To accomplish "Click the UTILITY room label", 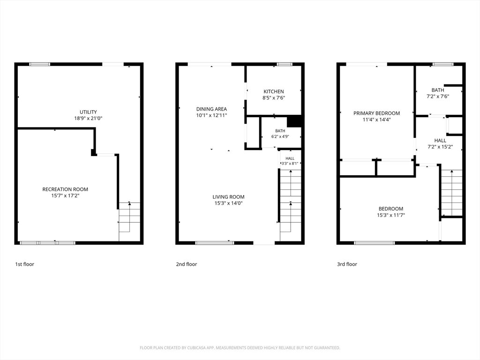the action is pos(88,112).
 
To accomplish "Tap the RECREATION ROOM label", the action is pos(65,189).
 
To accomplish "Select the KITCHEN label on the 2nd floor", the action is pos(274,91).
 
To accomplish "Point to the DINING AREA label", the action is pos(211,109).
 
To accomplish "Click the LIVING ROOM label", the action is pos(228,197).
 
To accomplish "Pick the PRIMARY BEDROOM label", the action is pos(376,113).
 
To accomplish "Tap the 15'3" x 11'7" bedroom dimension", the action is pos(391,215).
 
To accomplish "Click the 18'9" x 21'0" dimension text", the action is pos(88,119).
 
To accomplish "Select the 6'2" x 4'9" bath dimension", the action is pos(280,136).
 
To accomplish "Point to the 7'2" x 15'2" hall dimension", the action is pos(440,147).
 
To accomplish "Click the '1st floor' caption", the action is pos(25,264).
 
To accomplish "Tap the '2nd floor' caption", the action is pos(187,264).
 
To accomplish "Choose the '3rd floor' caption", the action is pos(347,264).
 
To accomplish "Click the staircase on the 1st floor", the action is pos(129,221).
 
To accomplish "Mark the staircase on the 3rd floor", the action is pos(451,193).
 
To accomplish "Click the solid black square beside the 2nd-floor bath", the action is pos(294,121).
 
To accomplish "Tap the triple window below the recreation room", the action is pos(47,243).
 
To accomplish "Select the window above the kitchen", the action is pos(285,64).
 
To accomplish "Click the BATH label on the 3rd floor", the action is pos(438,90).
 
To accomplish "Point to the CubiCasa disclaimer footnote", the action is pos(240,348).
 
